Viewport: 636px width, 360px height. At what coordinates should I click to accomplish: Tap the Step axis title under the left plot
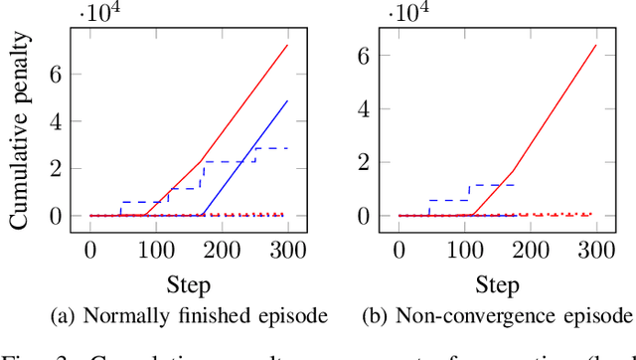pos(188,286)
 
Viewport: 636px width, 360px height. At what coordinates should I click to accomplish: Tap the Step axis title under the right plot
pos(497,286)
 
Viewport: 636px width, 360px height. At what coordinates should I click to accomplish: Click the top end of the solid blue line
pos(287,100)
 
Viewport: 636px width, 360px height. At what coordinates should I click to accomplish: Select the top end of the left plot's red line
pos(287,45)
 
